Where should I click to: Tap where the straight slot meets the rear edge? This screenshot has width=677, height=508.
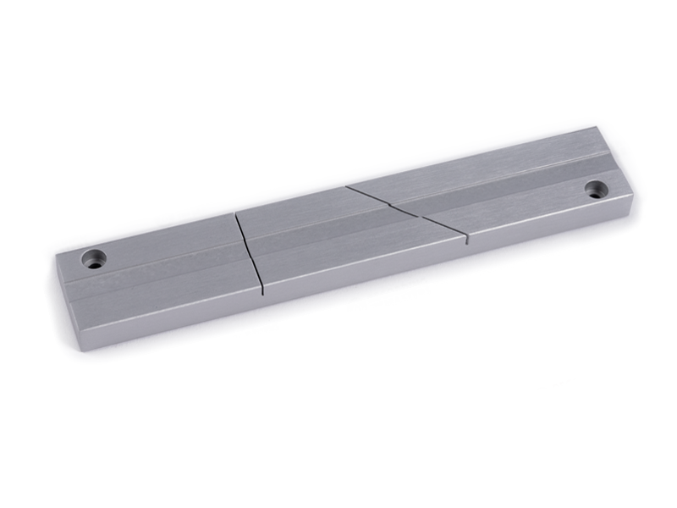[236, 213]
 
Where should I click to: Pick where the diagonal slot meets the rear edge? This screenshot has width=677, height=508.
[347, 185]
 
